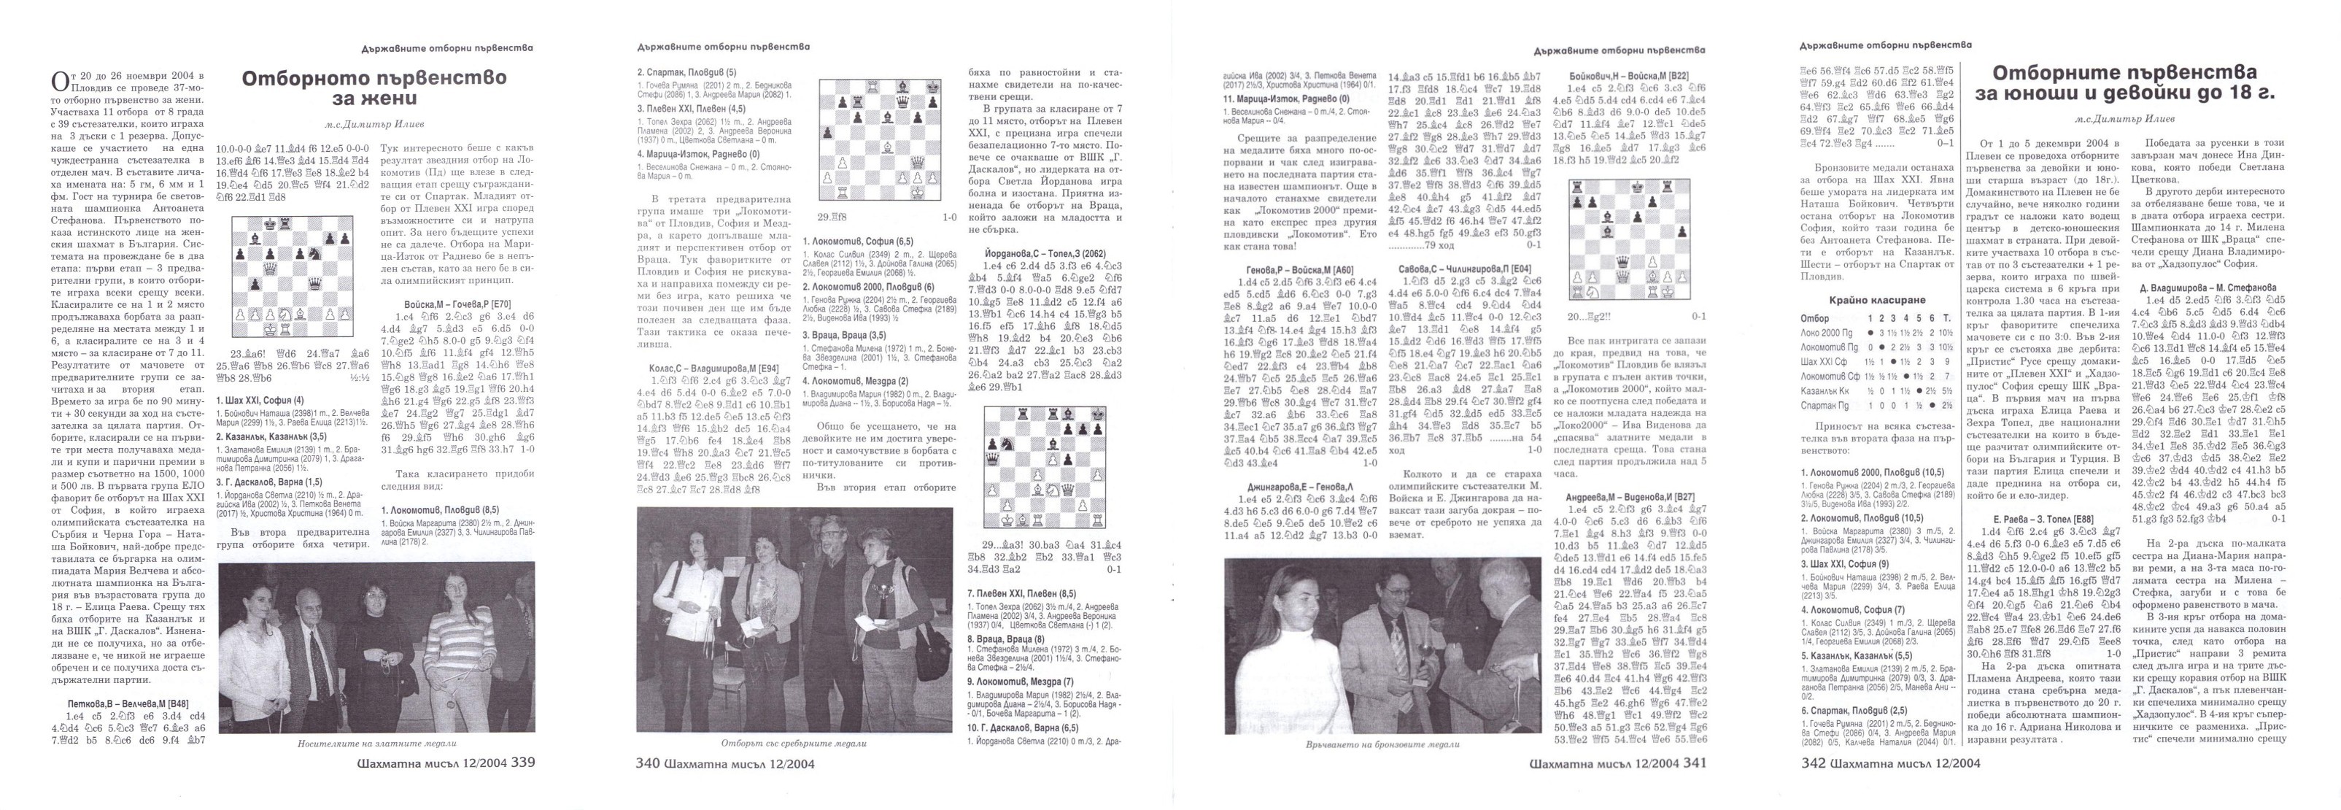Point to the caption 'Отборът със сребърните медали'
(x=794, y=743)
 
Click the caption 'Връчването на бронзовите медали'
(x=1382, y=744)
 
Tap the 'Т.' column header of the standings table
(x=1939, y=319)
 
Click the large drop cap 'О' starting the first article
(x=59, y=82)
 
